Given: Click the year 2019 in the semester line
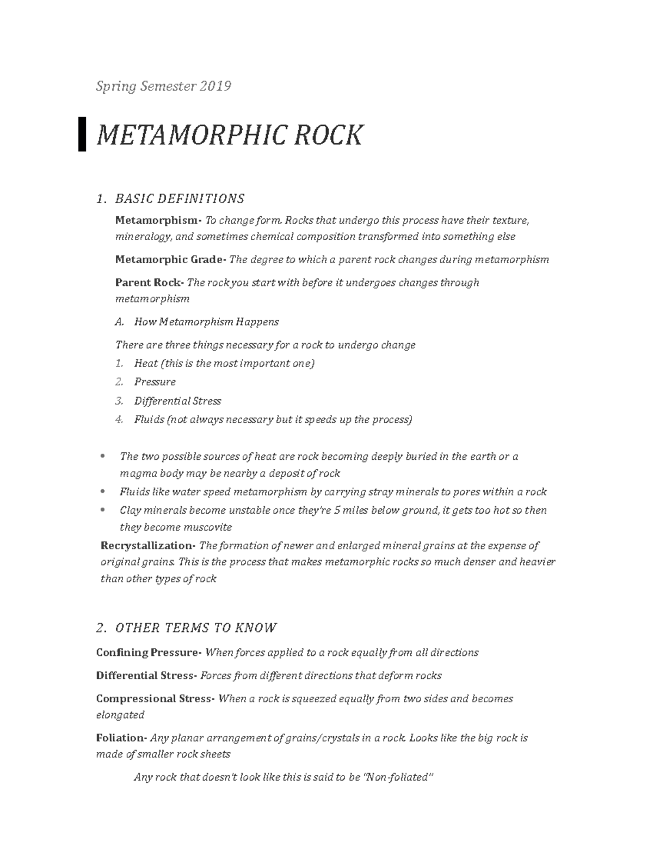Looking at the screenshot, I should pos(215,86).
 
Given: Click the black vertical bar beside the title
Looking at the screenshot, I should pos(82,134).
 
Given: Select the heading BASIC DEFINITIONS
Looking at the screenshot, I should pos(180,198).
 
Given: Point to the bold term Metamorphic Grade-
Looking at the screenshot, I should pos(171,259).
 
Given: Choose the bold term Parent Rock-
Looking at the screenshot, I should pos(150,282).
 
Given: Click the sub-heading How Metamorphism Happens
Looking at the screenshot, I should pos(206,322).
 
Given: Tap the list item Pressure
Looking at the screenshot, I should pos(155,382).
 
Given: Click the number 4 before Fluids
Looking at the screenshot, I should pos(119,419).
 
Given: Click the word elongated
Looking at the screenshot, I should pos(120,715).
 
